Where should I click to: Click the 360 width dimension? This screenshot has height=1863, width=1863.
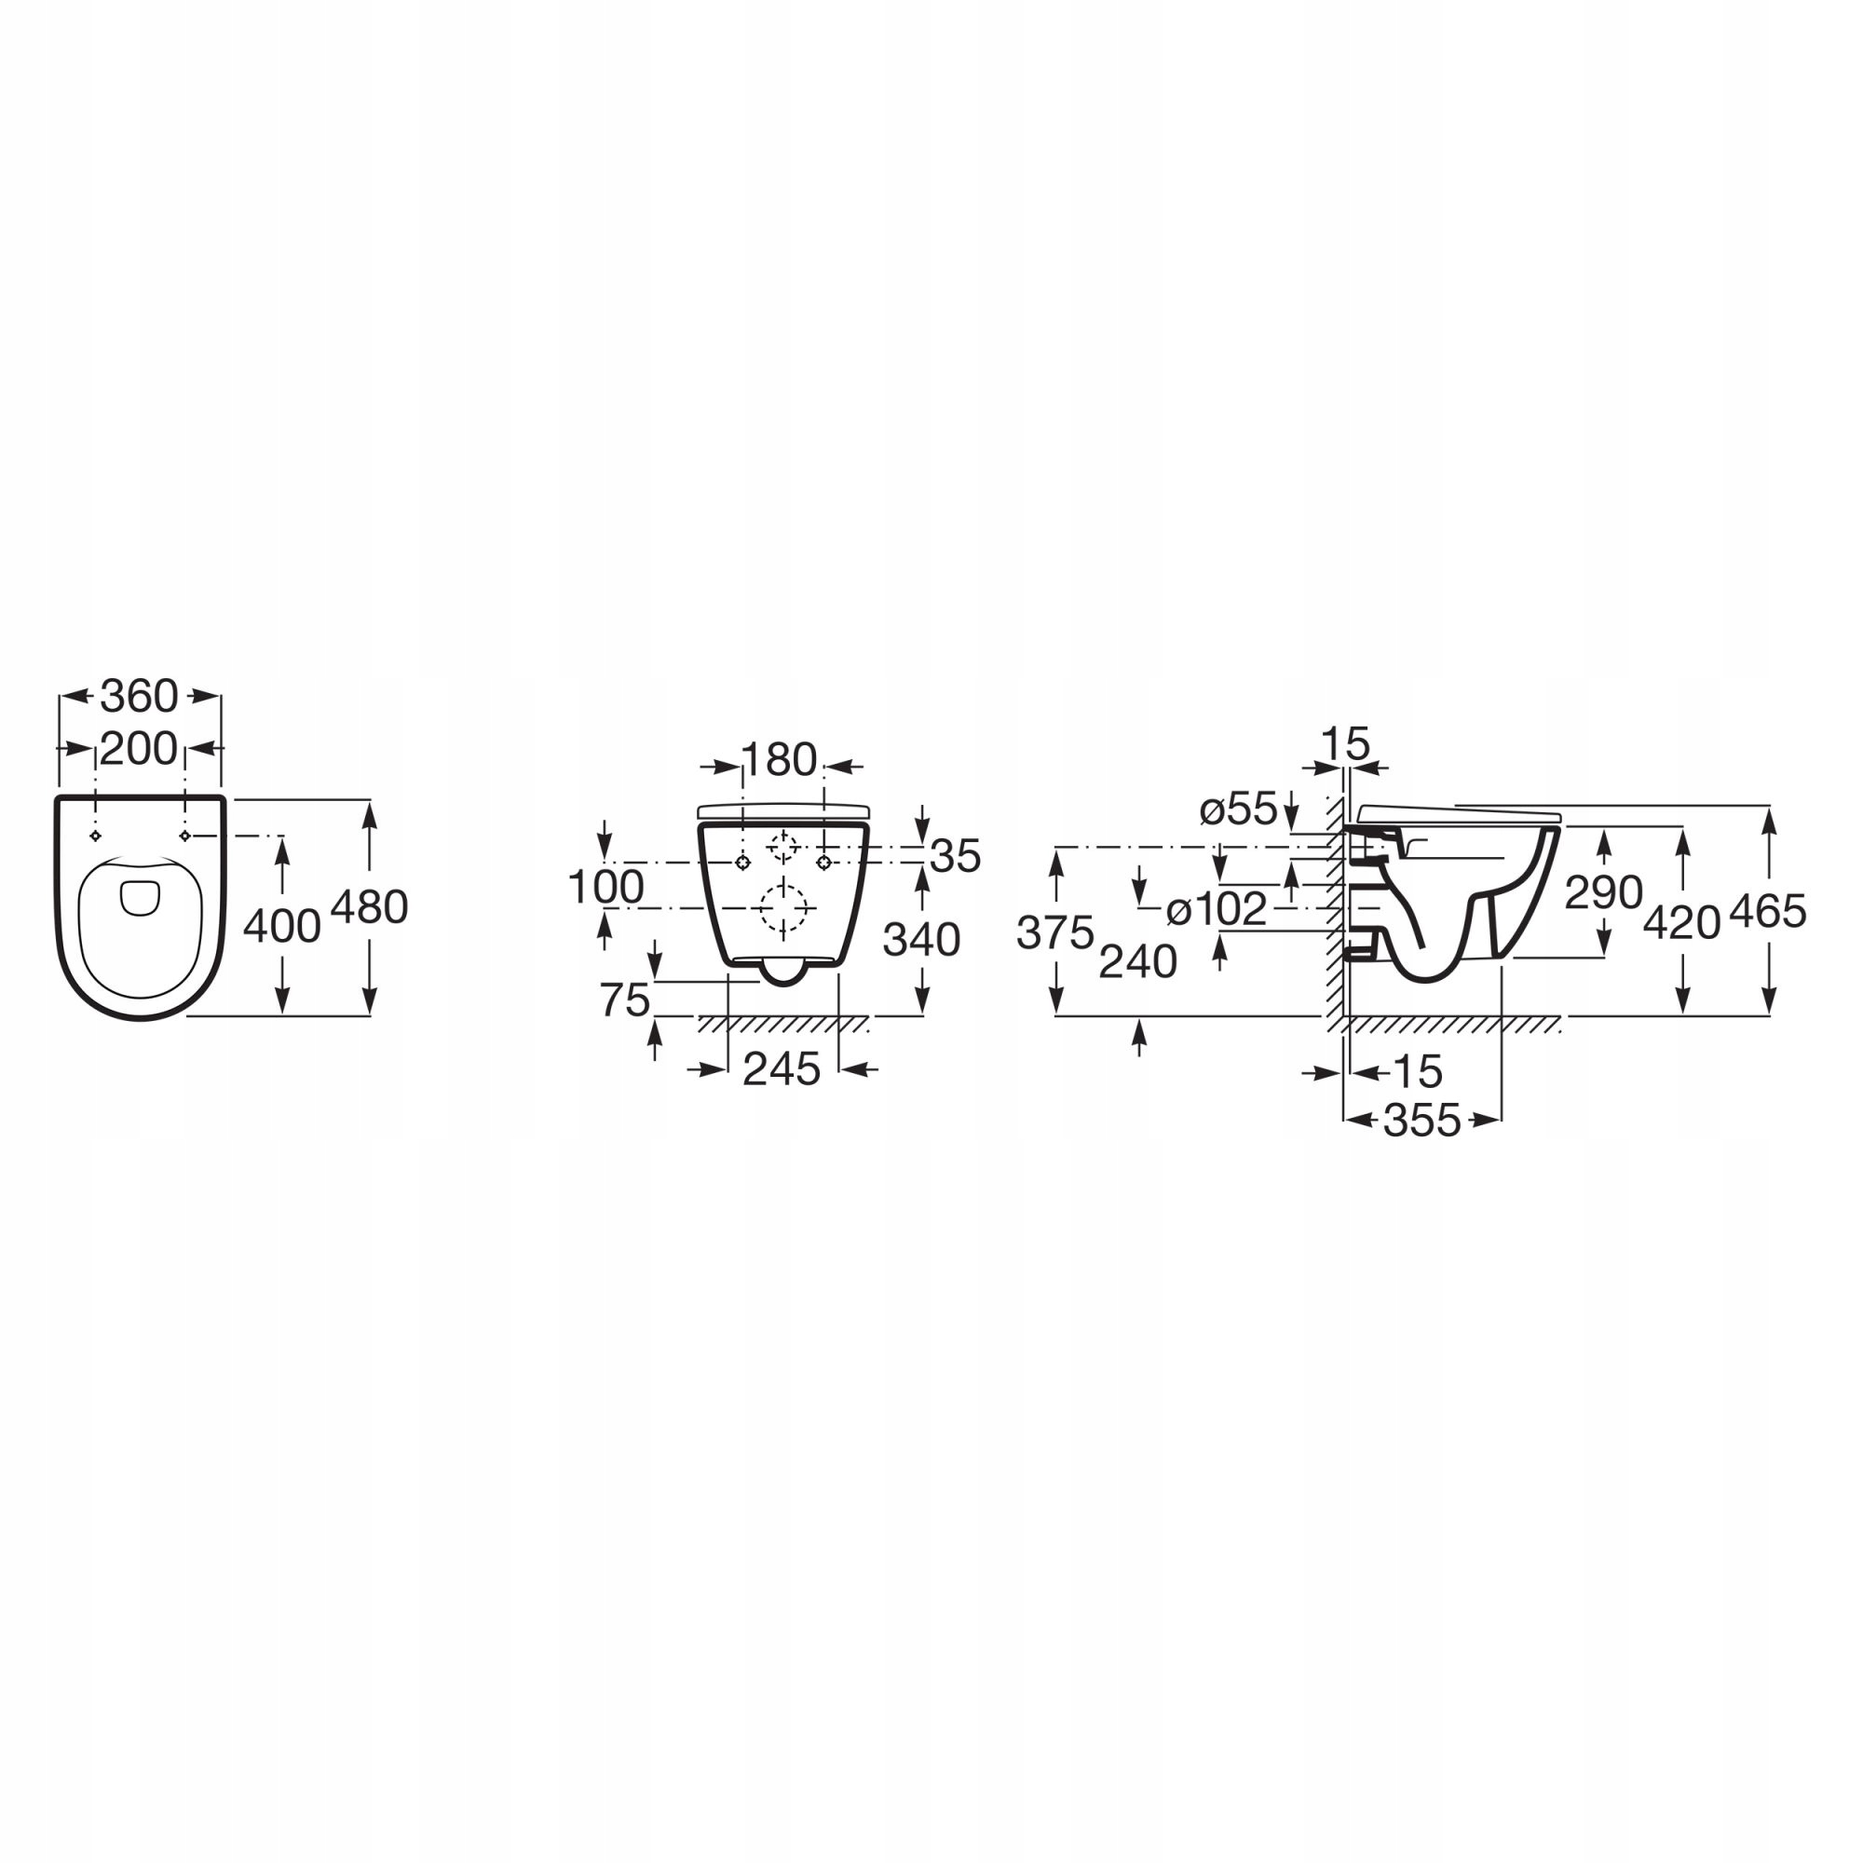[x=140, y=696]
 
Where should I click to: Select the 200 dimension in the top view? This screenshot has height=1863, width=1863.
[x=139, y=748]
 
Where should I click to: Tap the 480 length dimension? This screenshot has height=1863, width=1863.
[x=369, y=907]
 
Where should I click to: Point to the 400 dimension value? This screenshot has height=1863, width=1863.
[x=281, y=927]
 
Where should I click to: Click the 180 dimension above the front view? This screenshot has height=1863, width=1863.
[x=779, y=760]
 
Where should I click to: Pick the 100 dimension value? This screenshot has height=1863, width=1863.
[x=605, y=887]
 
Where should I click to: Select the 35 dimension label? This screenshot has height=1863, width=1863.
[x=956, y=855]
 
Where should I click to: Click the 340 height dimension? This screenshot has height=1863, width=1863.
[x=922, y=939]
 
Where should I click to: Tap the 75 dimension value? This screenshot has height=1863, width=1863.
[x=625, y=999]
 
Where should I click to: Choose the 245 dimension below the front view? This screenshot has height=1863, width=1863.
[x=782, y=1069]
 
